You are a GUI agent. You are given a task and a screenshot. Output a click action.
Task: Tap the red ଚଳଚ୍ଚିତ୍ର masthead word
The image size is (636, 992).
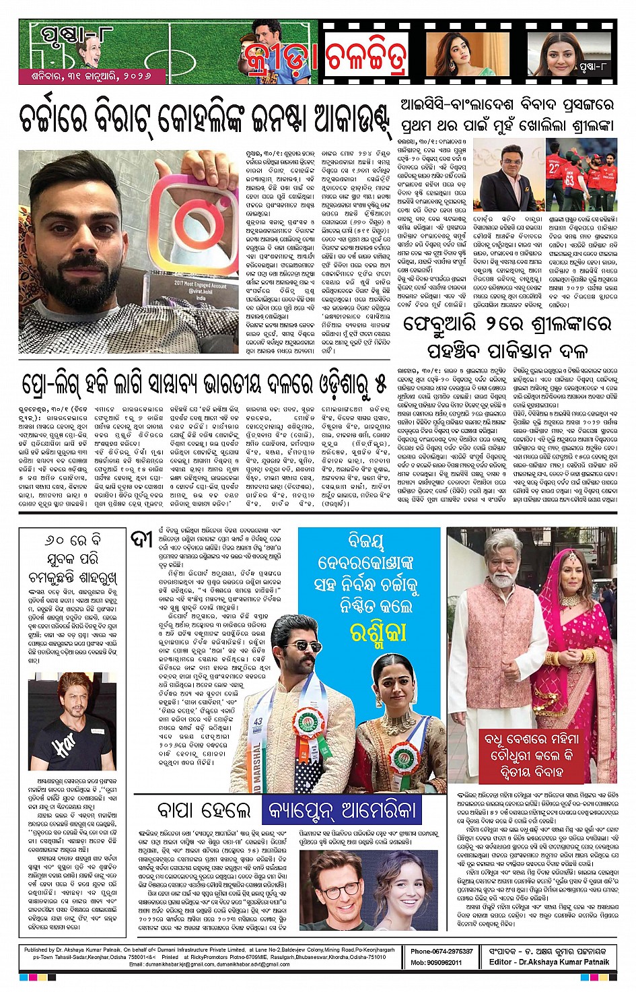click(x=367, y=59)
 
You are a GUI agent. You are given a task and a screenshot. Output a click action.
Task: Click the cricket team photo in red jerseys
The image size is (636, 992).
click(x=581, y=174)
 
